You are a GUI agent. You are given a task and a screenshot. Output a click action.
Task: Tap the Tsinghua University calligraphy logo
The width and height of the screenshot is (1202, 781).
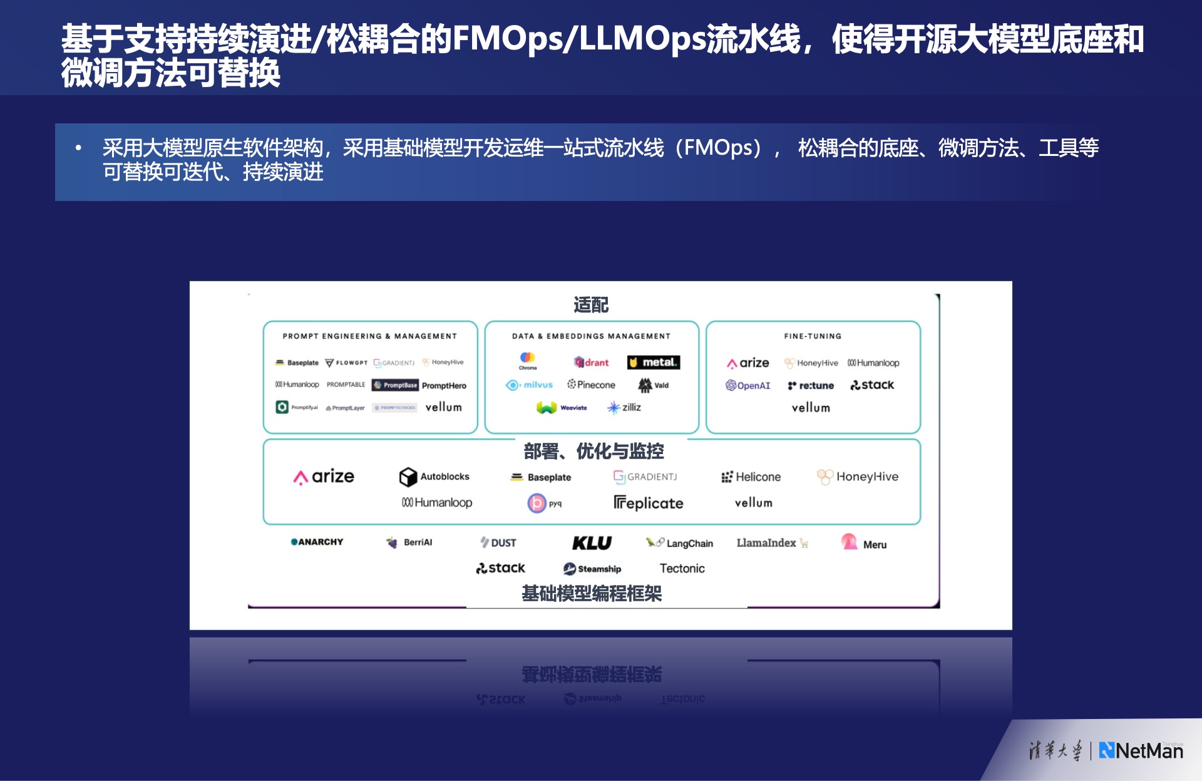click(x=1055, y=750)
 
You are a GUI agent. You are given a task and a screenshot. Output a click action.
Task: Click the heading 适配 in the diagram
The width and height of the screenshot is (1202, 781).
click(x=591, y=305)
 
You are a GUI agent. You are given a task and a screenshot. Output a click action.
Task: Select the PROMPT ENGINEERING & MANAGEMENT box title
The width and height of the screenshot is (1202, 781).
click(x=369, y=336)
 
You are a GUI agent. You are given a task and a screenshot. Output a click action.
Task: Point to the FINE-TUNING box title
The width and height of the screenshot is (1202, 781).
click(x=813, y=336)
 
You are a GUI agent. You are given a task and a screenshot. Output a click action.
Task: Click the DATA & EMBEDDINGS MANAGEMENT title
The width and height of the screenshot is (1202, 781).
click(x=591, y=336)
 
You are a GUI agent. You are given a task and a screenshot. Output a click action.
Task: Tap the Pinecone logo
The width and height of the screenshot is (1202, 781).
click(x=591, y=385)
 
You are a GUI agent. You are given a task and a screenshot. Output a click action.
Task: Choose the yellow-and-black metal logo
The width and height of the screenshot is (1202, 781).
click(x=653, y=363)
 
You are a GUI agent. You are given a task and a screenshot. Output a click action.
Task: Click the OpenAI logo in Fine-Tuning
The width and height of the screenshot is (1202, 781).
click(x=747, y=385)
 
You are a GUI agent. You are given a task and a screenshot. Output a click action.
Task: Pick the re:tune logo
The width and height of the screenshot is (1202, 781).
click(x=811, y=385)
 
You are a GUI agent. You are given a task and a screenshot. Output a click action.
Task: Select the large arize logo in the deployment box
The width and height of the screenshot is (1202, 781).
click(x=324, y=477)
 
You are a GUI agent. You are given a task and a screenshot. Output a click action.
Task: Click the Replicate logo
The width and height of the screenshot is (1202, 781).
click(x=648, y=503)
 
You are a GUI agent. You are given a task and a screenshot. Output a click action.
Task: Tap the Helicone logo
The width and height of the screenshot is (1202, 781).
click(x=751, y=477)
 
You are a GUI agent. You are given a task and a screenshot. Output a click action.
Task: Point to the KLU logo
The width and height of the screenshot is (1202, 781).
click(x=592, y=543)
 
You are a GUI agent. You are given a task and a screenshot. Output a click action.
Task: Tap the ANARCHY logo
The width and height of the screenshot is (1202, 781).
click(x=317, y=542)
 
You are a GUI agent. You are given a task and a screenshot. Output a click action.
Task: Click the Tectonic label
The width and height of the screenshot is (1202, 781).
click(x=682, y=569)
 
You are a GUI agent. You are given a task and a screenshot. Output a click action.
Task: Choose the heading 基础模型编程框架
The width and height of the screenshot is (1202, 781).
click(x=592, y=594)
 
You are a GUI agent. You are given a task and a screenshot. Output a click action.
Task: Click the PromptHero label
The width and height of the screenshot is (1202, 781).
click(x=444, y=386)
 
